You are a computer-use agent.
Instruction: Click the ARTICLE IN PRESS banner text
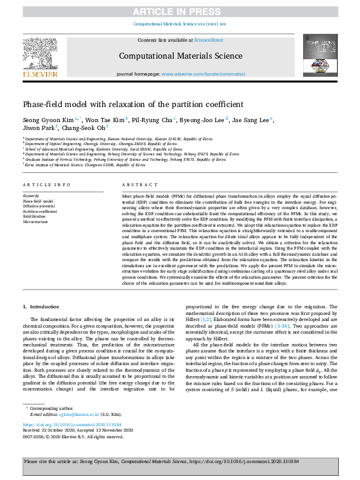(x=180, y=11)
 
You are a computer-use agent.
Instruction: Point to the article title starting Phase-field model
(x=133, y=104)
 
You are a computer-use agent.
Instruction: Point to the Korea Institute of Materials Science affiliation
(x=85, y=164)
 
